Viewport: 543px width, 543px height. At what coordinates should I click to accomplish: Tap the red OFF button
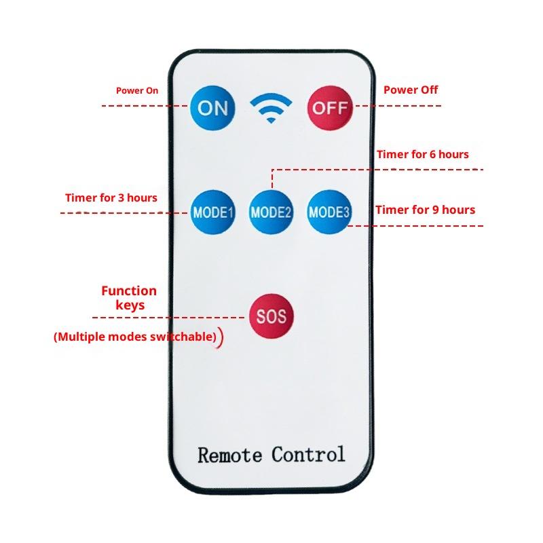click(x=330, y=108)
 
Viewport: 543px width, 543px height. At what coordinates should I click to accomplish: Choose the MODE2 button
click(x=271, y=212)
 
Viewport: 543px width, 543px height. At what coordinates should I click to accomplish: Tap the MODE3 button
click(x=329, y=212)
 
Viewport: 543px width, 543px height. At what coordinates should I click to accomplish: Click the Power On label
click(x=137, y=90)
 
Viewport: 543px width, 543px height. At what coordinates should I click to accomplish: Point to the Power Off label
click(x=411, y=90)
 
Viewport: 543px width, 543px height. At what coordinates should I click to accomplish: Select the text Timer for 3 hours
click(x=111, y=198)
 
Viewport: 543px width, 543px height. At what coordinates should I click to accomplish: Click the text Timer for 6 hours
click(x=423, y=155)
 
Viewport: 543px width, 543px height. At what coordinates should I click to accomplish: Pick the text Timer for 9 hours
click(x=426, y=210)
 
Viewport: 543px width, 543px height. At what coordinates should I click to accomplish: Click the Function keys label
click(x=129, y=298)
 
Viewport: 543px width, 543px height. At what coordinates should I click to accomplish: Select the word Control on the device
click(x=309, y=454)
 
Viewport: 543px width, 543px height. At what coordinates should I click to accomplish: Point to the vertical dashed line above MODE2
click(x=272, y=179)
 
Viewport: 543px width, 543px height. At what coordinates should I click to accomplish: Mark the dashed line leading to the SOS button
click(x=170, y=318)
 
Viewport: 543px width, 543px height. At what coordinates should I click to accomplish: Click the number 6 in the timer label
click(x=433, y=155)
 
